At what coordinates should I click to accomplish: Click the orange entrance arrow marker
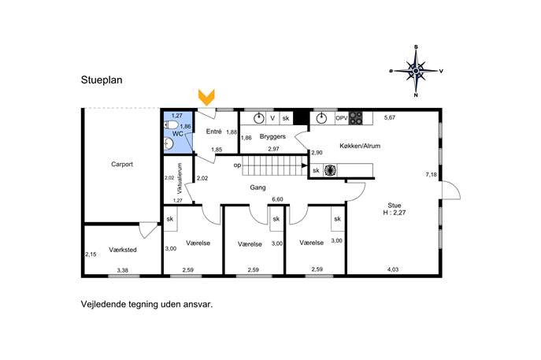click(206, 98)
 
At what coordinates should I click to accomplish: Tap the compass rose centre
click(416, 71)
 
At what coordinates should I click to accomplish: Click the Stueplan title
click(102, 80)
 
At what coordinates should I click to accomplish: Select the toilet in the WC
click(172, 125)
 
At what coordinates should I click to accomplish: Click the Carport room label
click(122, 165)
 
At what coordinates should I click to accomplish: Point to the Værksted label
click(123, 250)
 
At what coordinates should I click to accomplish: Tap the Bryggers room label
click(272, 136)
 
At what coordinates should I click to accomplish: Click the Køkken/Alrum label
click(360, 146)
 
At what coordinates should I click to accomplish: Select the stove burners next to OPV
click(356, 118)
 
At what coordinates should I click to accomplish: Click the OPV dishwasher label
click(342, 118)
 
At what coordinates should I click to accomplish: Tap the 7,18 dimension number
click(432, 175)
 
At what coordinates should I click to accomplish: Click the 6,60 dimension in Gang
click(277, 199)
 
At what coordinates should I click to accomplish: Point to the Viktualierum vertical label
click(180, 178)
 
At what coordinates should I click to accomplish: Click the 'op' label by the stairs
click(237, 165)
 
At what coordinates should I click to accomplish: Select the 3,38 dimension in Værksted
click(123, 270)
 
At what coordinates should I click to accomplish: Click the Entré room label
click(213, 132)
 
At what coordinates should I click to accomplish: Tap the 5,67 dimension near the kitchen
click(390, 117)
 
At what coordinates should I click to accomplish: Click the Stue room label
click(395, 206)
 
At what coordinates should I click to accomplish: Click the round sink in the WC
click(168, 143)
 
